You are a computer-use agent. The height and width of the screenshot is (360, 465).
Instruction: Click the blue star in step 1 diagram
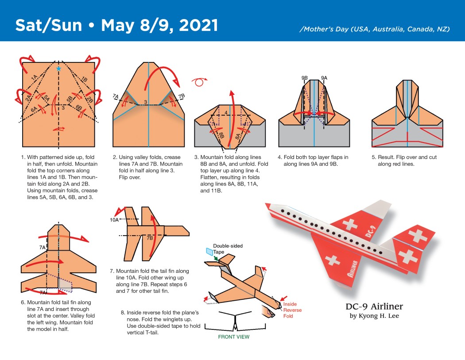(59, 69)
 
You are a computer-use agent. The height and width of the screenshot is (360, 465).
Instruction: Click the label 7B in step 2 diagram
(181, 96)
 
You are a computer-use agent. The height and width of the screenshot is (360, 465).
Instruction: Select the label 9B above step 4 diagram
(305, 78)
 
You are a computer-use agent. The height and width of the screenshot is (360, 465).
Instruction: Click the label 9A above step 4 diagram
(324, 78)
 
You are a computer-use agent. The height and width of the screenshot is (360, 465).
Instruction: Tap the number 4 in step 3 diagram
(226, 112)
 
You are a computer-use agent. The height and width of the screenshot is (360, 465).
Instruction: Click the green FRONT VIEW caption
(233, 337)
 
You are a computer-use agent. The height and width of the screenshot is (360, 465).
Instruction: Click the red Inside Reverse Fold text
(292, 310)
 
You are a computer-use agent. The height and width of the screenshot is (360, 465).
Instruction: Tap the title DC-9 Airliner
(374, 306)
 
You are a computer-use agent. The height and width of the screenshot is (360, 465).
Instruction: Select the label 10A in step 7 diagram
(114, 220)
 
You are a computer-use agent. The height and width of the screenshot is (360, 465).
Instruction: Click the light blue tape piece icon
(209, 252)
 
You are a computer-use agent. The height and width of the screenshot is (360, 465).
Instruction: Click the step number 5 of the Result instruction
(373, 157)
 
